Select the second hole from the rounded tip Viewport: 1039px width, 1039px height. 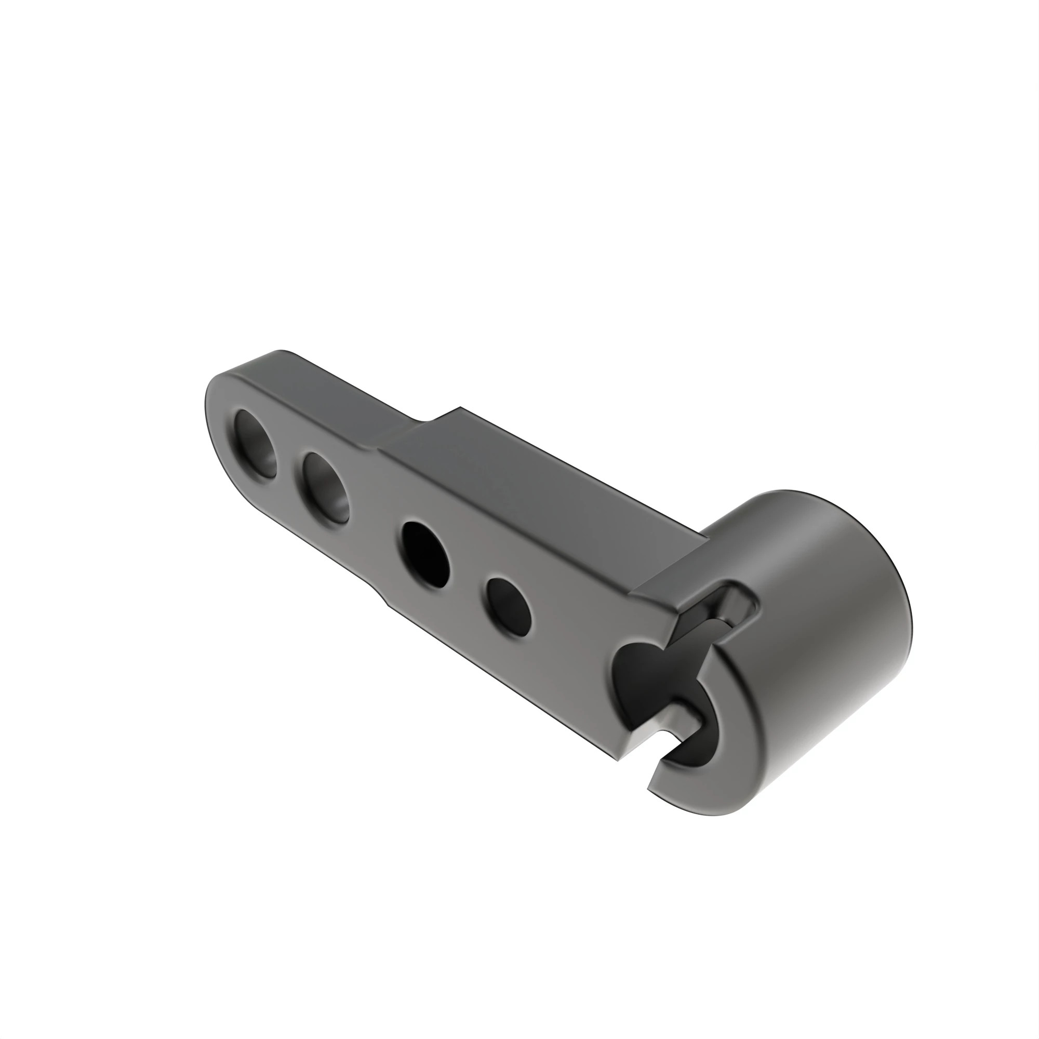(x=325, y=487)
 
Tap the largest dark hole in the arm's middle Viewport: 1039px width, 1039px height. (x=425, y=554)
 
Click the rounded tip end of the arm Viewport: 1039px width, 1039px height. (x=212, y=414)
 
